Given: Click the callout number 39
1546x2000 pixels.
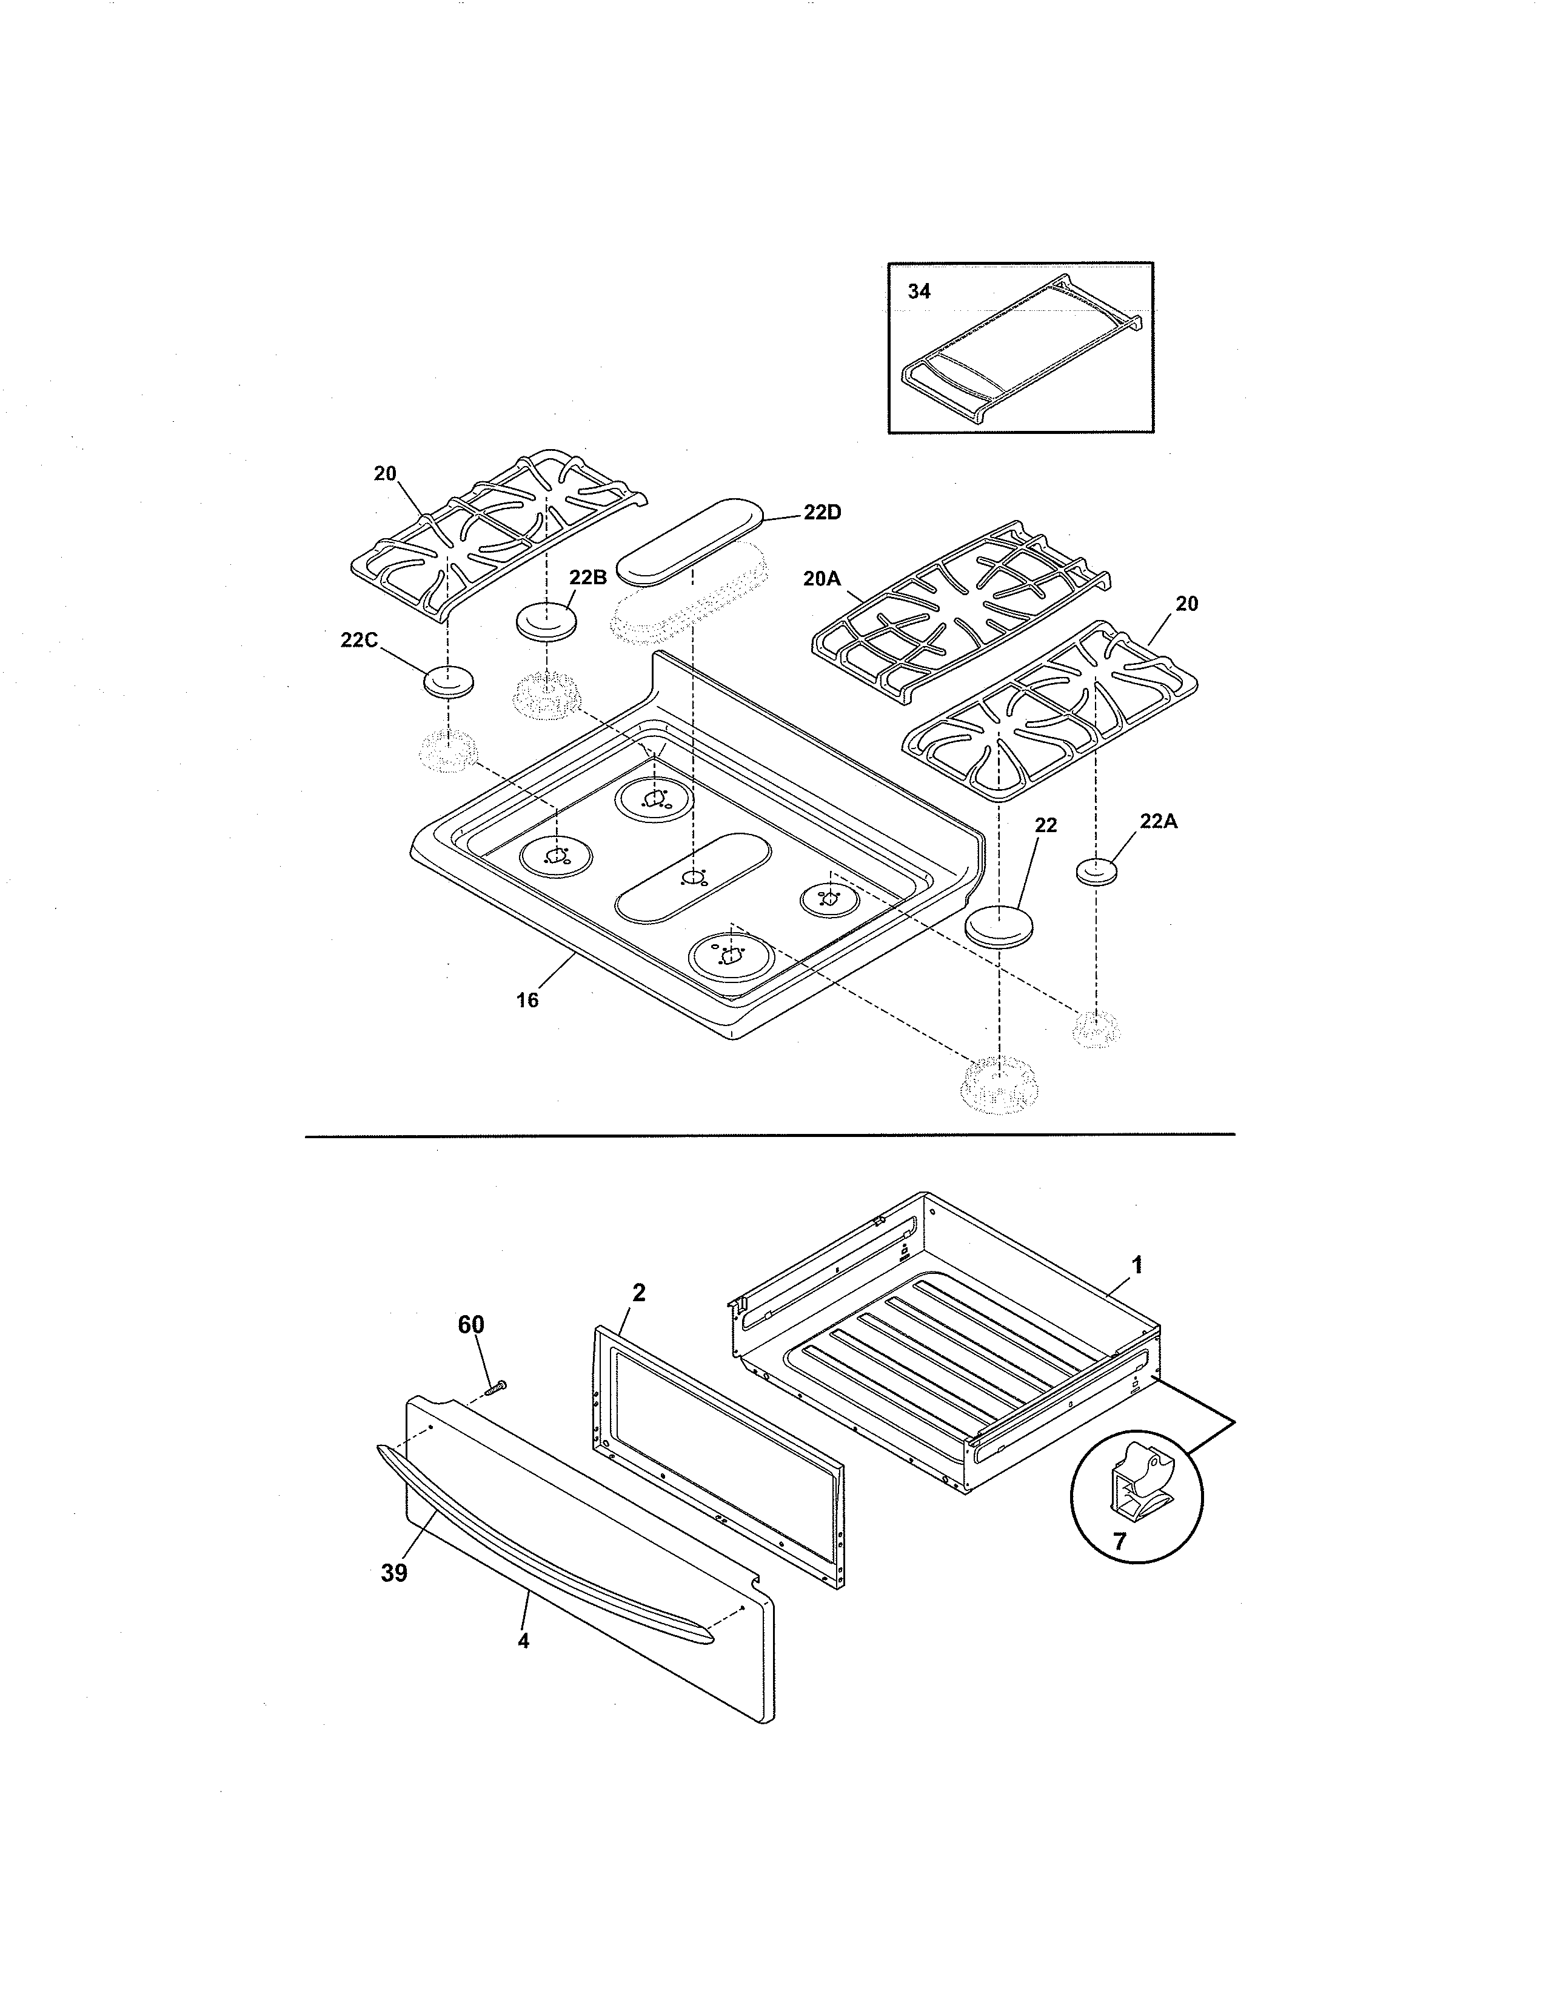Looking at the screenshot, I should [394, 1573].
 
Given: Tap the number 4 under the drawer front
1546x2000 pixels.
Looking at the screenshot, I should [523, 1641].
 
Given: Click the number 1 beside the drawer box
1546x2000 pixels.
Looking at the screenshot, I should [1137, 1265].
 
